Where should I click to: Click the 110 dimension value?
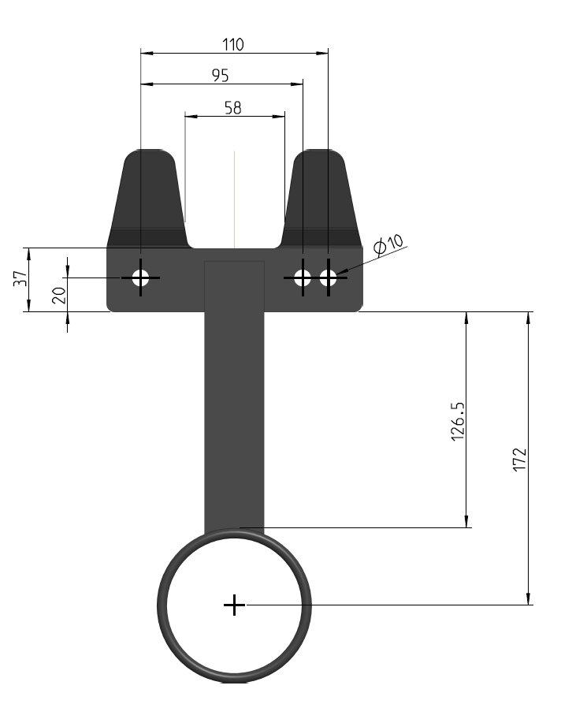[233, 45]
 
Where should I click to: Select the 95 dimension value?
[221, 76]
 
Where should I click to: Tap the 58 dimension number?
[233, 108]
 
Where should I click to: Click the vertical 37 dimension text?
[21, 278]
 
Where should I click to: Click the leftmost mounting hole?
[140, 278]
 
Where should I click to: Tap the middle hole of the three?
[303, 278]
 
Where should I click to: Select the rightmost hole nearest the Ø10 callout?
[329, 278]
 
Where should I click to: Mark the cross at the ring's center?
[234, 605]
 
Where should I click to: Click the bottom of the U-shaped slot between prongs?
[234, 246]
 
